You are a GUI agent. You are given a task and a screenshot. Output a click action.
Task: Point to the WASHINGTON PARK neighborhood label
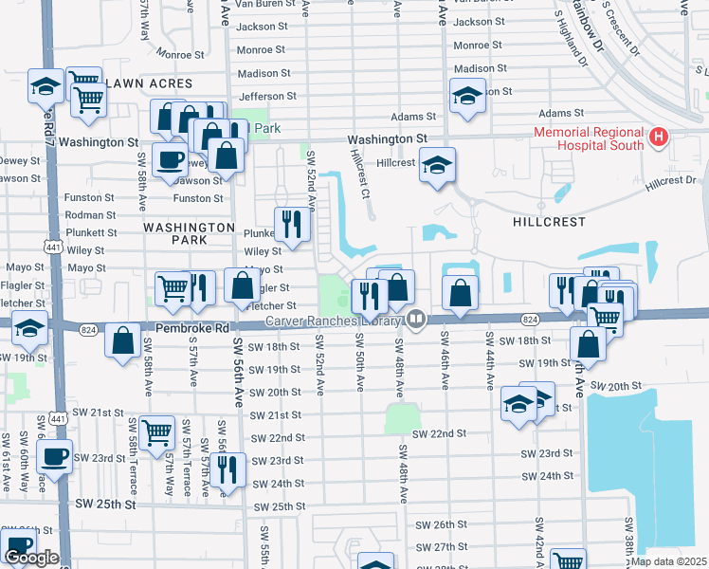[x=189, y=234]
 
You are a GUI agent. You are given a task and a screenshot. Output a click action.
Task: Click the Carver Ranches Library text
[x=334, y=321]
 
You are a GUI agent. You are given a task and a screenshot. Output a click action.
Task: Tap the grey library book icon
[x=414, y=321]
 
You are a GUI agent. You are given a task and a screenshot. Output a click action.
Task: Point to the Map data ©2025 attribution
[x=668, y=561]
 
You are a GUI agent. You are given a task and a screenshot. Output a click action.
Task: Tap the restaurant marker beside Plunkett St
[x=292, y=225]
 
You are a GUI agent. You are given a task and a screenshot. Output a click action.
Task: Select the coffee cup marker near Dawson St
[x=170, y=161]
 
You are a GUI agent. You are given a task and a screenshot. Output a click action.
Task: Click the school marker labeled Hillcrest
[x=437, y=166]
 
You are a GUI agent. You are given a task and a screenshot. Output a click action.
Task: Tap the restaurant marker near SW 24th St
[x=227, y=470]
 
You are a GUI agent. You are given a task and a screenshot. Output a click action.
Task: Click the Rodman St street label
[x=90, y=215]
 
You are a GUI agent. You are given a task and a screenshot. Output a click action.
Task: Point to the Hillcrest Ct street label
[x=359, y=174]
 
